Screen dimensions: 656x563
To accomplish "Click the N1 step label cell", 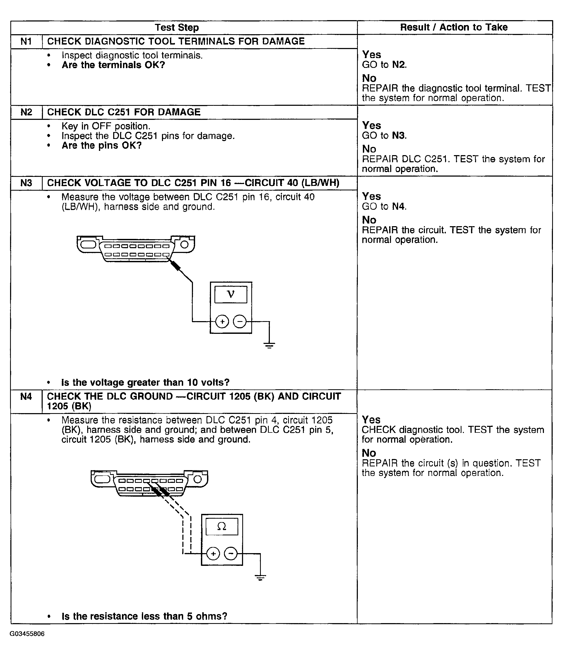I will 26,41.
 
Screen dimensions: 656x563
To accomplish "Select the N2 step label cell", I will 26,112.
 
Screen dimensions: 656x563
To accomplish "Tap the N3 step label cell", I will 26,183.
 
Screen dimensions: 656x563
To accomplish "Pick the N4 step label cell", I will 26,396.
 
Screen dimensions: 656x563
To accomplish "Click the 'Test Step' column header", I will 177,28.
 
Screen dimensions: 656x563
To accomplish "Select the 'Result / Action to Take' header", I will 454,28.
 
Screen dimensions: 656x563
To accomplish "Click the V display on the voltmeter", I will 231,294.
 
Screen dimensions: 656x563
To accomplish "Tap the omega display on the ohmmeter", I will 222,527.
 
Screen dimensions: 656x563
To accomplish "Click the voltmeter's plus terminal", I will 222,322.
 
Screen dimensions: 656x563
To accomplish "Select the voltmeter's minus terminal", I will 240,322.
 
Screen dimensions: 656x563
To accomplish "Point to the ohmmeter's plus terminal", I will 213,553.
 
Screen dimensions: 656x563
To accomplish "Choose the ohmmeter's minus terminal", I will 231,553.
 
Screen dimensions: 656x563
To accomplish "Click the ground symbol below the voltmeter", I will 269,346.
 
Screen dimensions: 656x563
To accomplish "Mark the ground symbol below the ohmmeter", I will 260,578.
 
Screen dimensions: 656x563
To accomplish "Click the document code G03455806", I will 27,633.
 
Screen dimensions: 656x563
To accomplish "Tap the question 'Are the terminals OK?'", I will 113,65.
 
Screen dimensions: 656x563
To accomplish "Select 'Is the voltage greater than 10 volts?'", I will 145,382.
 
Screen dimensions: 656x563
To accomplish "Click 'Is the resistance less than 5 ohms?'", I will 144,616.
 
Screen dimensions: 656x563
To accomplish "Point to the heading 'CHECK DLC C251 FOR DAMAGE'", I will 124,112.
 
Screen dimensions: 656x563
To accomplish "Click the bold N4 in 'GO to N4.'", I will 398,206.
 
